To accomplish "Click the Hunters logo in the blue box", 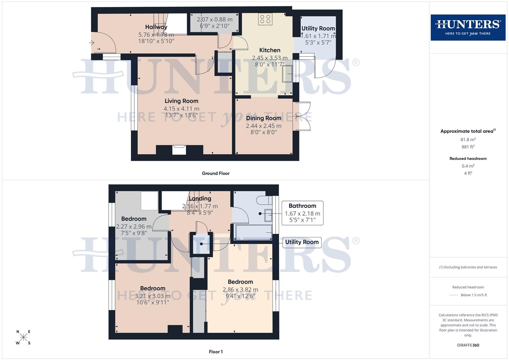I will coord(468,27).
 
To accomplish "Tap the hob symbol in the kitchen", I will coord(265,19).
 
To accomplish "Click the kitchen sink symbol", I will coord(287,74).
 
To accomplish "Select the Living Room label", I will coord(181,101).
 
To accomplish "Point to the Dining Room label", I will coord(263,118).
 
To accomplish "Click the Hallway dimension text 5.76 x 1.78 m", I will coord(156,35).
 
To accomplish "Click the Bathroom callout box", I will coord(302,213).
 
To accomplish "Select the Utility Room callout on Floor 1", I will coord(302,242).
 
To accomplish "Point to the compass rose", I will coord(23,337).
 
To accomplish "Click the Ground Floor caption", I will coord(216,173).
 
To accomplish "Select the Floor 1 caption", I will coord(216,352).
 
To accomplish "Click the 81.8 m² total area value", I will coord(468,140).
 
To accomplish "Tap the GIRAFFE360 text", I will coord(468,345).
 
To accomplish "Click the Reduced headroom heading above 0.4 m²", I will coord(468,159).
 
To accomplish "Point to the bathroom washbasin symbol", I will coord(268,215).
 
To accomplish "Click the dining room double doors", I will coord(302,116).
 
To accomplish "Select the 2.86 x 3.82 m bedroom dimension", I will coord(240,290).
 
